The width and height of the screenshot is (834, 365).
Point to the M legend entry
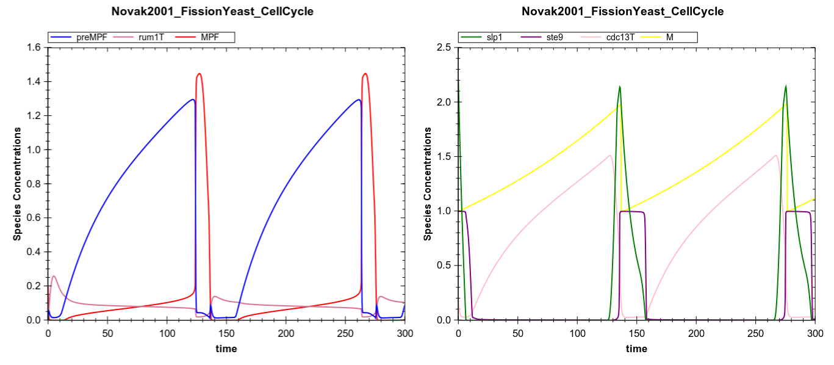(x=669, y=37)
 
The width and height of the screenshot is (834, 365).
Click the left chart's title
(x=212, y=11)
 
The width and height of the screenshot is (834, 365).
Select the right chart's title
(x=622, y=11)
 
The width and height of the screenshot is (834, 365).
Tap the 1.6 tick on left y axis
(x=36, y=48)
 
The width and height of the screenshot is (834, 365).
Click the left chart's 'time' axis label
(x=226, y=349)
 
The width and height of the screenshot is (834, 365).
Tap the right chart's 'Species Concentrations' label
(x=428, y=184)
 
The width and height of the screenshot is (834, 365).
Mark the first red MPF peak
(x=199, y=73)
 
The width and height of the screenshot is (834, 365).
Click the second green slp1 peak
(x=785, y=85)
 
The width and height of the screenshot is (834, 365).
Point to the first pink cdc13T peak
(x=609, y=155)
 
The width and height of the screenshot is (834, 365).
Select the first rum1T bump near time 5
(x=54, y=276)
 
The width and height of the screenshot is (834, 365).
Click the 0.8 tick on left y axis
(x=36, y=184)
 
